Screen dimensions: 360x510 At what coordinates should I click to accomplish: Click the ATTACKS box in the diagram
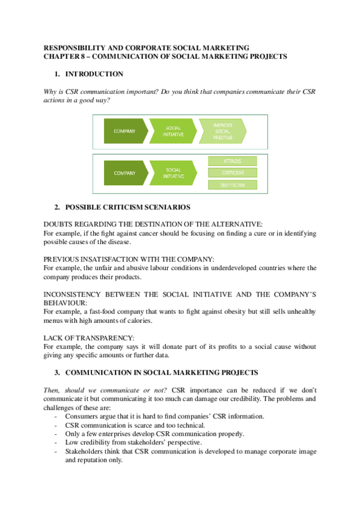(x=232, y=161)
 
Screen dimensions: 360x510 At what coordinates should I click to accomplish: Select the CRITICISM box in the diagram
(x=232, y=173)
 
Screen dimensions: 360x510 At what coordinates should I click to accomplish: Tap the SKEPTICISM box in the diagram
(x=232, y=185)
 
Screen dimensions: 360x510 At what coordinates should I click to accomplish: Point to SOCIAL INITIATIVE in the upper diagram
(x=173, y=131)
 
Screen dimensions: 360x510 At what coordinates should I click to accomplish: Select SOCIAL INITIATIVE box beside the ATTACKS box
(x=173, y=173)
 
